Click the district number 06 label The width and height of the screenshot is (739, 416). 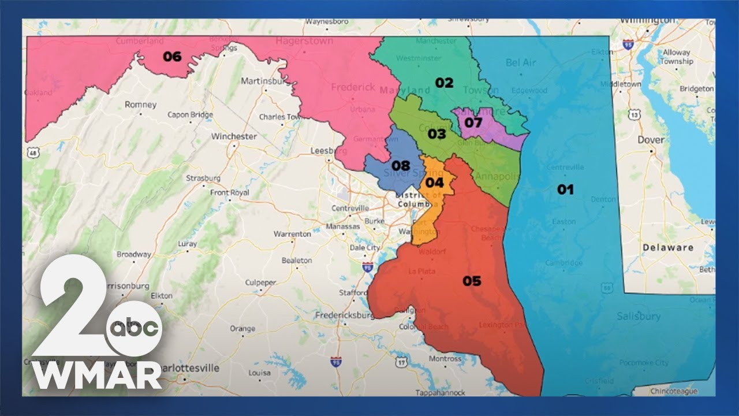tap(172, 57)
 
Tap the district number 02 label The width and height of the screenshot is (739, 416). tap(444, 83)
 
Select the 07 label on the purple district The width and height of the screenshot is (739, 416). tap(473, 122)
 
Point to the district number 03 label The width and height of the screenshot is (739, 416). tap(436, 135)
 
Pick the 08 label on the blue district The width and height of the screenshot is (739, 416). tap(401, 166)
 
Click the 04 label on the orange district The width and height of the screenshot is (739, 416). tap(434, 183)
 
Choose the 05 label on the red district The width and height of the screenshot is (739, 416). tap(472, 281)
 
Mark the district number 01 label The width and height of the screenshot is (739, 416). tap(565, 189)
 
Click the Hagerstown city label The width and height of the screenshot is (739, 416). tap(304, 42)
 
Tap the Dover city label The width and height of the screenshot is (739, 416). tap(651, 140)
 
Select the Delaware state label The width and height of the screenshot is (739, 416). tap(668, 247)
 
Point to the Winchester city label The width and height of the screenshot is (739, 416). tap(234, 137)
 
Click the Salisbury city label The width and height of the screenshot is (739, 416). tap(639, 316)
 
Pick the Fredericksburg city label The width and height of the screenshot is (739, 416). tap(344, 315)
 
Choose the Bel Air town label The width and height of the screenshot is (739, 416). tap(521, 62)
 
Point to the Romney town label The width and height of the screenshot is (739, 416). tap(140, 105)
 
